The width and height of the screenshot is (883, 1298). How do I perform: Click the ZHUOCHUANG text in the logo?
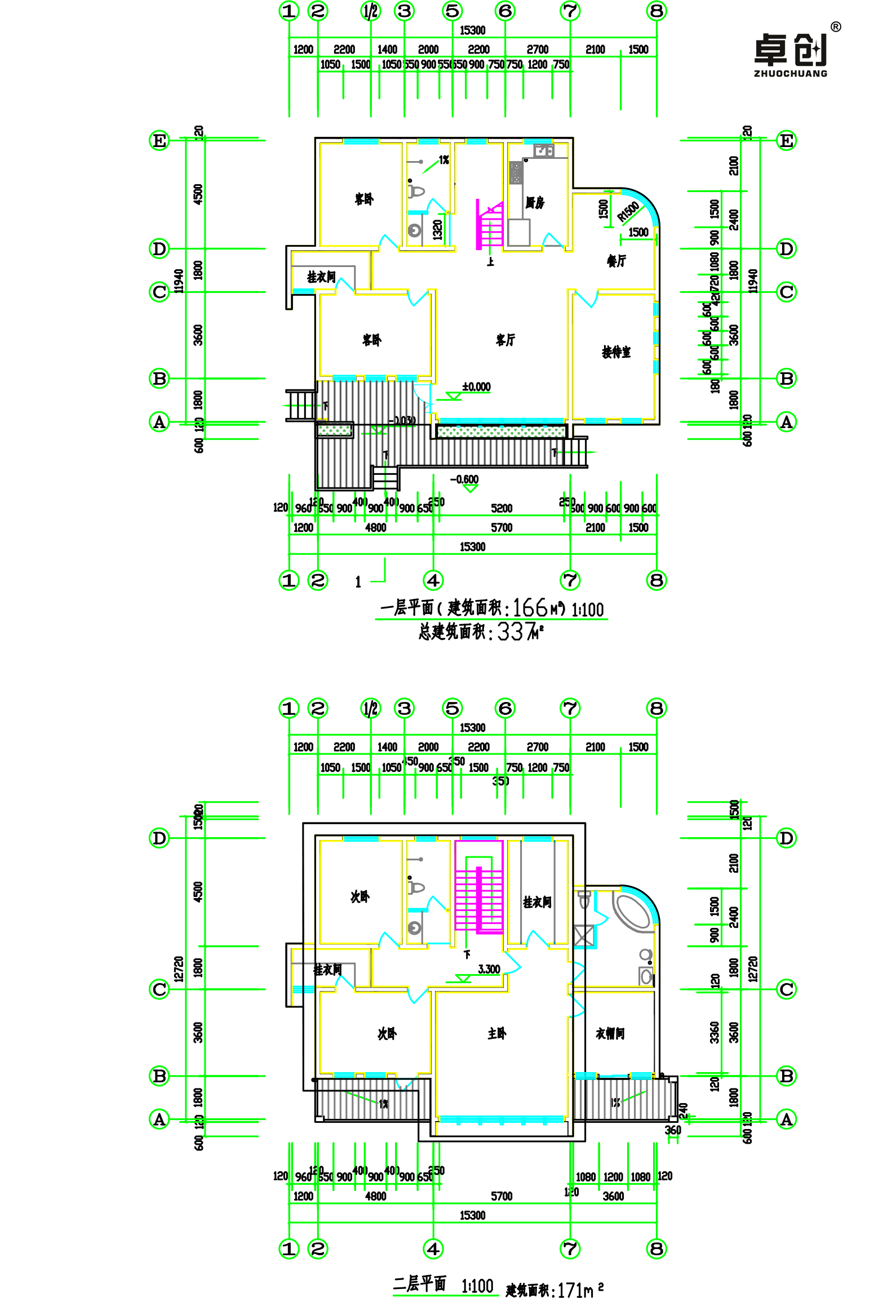tap(790, 73)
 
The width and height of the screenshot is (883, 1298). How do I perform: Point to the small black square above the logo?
tap(835, 27)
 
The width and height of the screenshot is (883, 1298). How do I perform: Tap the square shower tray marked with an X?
tap(584, 936)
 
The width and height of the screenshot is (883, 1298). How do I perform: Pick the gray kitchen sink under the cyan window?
tap(544, 150)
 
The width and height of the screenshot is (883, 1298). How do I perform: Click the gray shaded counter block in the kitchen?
tap(516, 172)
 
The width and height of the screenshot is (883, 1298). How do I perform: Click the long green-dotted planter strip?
tap(501, 432)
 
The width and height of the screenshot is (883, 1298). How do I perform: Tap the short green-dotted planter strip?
tap(335, 430)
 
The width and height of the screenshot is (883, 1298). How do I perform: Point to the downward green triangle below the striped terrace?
tap(470, 488)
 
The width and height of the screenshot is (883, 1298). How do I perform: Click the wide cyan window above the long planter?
tap(501, 420)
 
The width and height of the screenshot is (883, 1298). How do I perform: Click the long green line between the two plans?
tap(491, 619)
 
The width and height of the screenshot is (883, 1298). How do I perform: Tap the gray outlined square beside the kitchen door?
tap(519, 232)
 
